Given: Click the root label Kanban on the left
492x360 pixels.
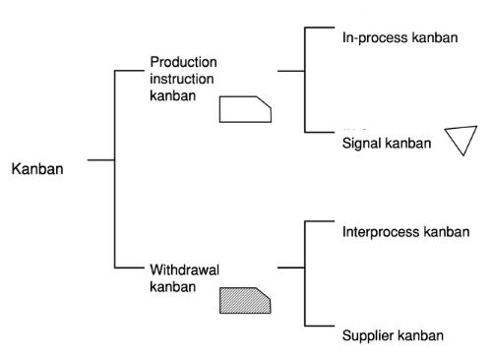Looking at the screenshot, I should point(36,168).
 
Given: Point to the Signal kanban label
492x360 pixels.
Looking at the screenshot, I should point(387,144).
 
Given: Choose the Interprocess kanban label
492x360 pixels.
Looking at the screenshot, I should point(405,233).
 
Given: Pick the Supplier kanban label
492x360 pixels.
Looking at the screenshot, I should point(393,334).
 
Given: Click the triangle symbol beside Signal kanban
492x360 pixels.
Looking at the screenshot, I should point(459,140).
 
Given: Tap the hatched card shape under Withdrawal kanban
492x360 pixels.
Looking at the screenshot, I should point(245,299).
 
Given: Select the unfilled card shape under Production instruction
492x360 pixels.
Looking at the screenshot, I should point(245,108).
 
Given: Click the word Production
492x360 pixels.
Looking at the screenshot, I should point(183,62).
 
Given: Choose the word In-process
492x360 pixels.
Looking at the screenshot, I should point(369,36).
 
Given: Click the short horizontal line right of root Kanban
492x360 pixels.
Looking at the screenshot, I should point(101,159).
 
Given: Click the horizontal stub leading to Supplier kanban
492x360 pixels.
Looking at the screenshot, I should point(322,327).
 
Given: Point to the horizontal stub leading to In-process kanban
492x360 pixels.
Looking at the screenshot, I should point(322,29).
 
